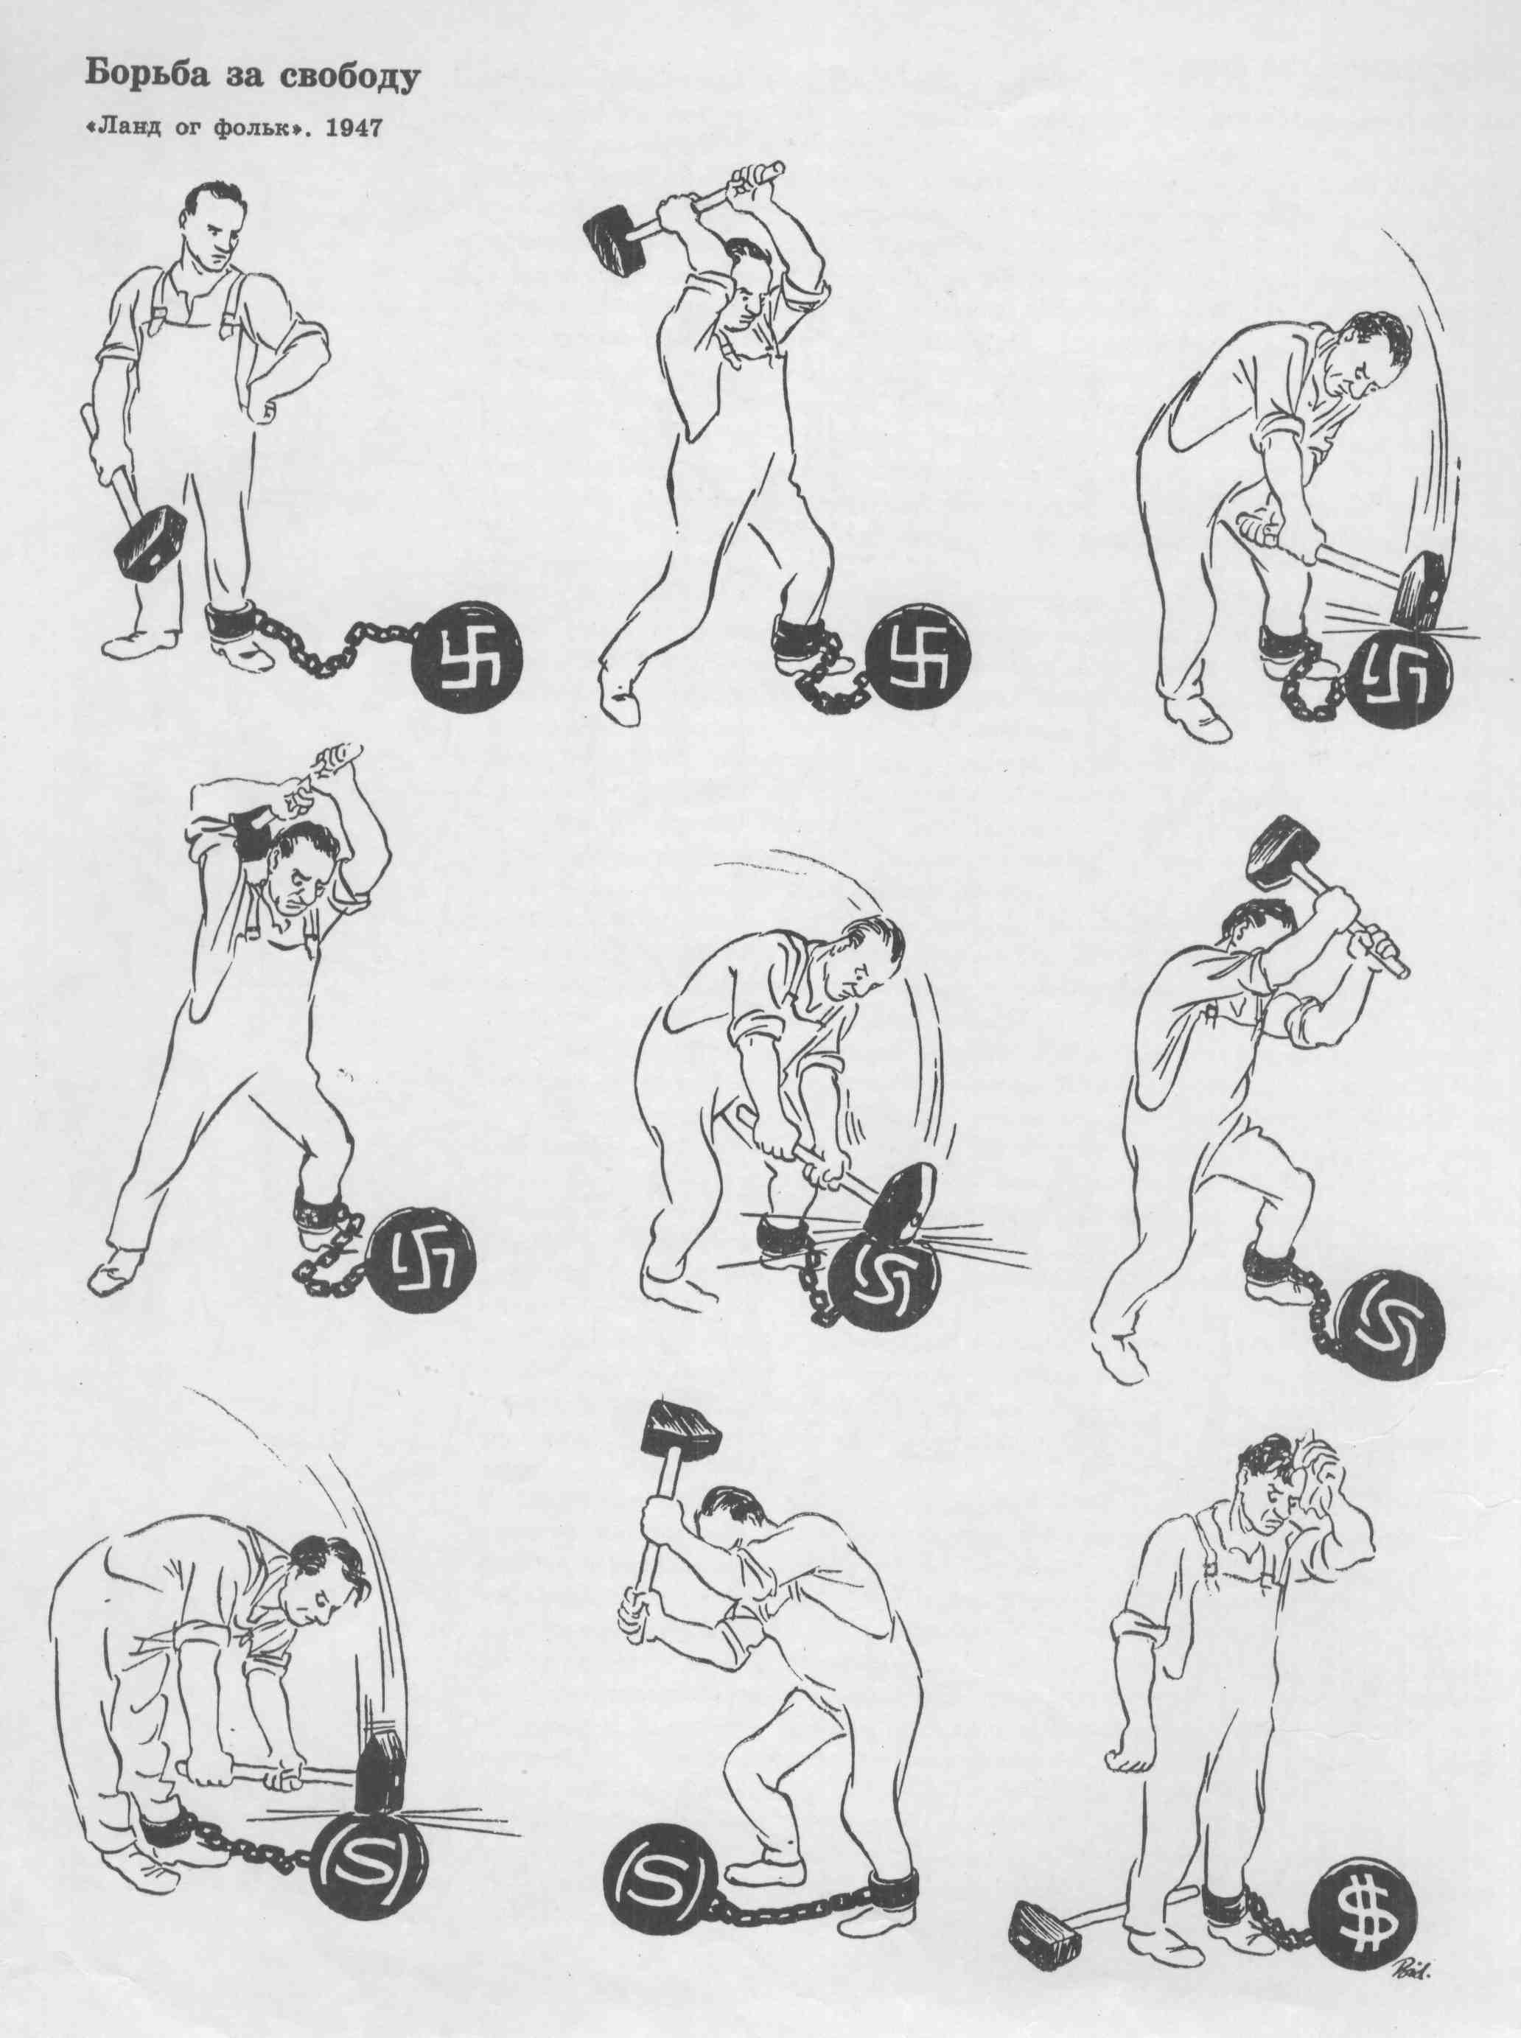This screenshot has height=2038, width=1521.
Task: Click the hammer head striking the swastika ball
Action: pyautogui.click(x=1419, y=590)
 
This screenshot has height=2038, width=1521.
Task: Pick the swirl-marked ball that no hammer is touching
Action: pyautogui.click(x=1391, y=1325)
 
